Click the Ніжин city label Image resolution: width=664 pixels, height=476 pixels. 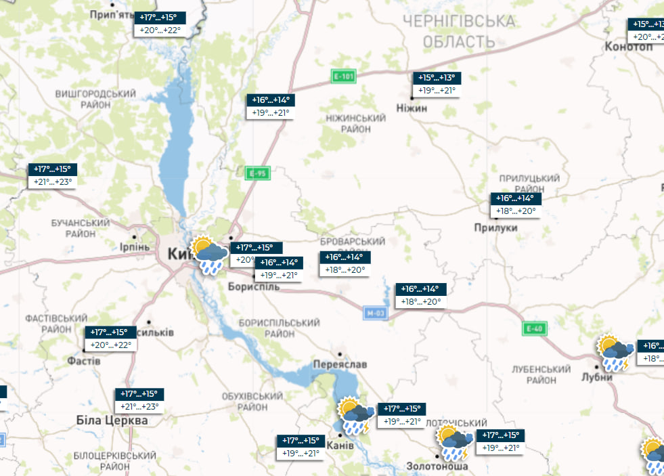[412, 107]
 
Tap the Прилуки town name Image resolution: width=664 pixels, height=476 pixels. [495, 228]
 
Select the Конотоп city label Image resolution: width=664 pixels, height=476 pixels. [629, 47]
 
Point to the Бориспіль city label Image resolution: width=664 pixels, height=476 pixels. [253, 286]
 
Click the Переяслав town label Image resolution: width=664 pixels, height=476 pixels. [340, 364]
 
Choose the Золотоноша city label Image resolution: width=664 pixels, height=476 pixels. [437, 466]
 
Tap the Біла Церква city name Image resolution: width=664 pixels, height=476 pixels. [112, 420]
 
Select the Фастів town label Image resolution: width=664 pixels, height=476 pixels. [83, 361]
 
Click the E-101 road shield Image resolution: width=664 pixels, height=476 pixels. [343, 76]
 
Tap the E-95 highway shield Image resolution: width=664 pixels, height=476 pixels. [257, 173]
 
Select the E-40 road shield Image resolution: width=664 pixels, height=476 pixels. [534, 328]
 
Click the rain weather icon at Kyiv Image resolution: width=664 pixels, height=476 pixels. [209, 255]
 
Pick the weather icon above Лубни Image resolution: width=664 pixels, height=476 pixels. [615, 352]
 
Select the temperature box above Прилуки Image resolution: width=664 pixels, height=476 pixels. [516, 204]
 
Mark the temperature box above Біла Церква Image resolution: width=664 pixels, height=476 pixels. [139, 400]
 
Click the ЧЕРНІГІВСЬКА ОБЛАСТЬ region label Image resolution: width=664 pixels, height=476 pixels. [459, 32]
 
